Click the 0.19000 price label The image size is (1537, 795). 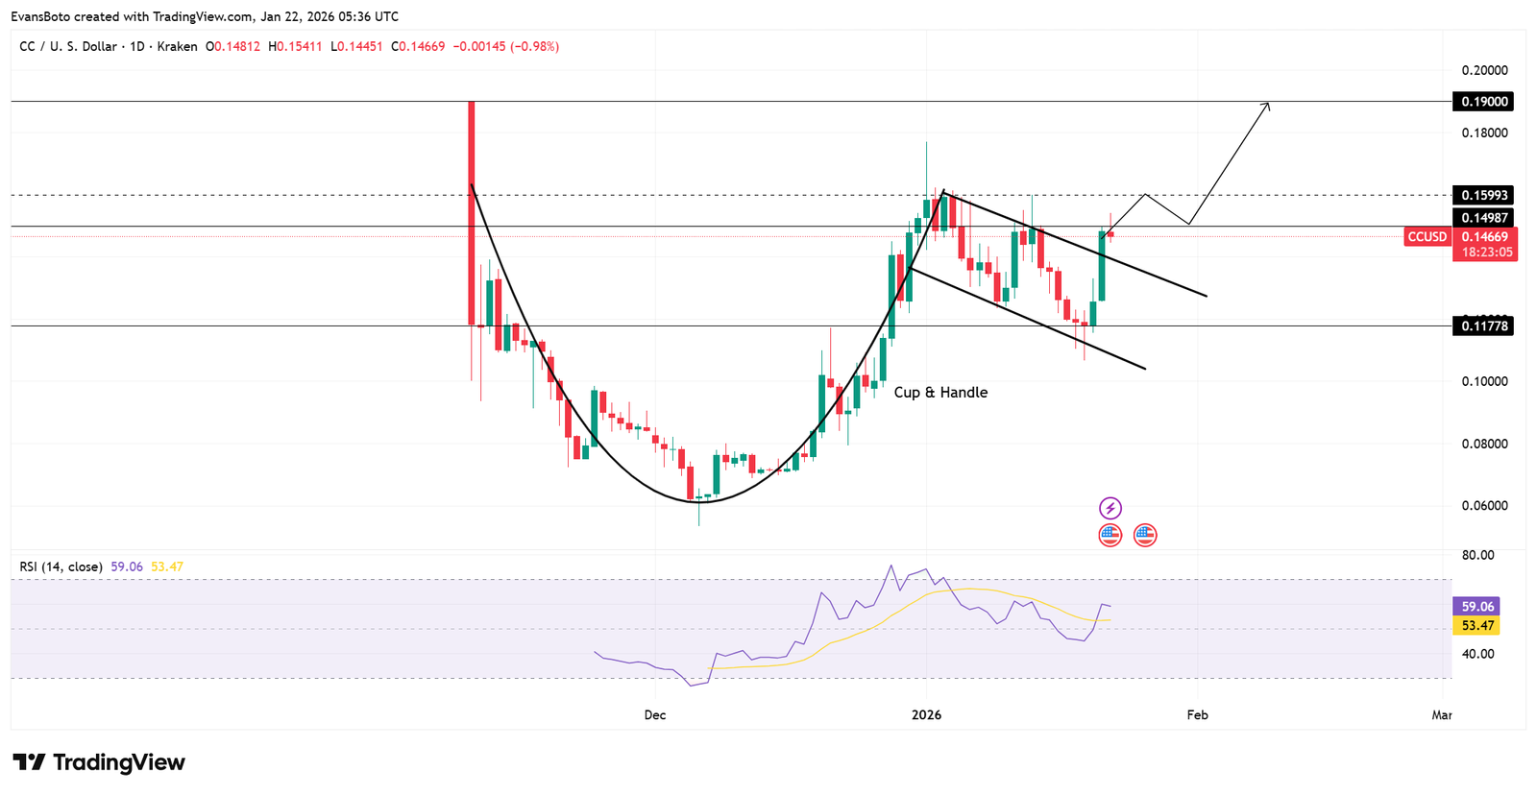[1485, 102]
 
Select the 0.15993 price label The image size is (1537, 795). [1485, 195]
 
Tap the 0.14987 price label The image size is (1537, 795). [1485, 218]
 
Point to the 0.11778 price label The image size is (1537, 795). [1485, 326]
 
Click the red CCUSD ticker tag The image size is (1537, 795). [1427, 237]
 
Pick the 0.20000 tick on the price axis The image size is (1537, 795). [1484, 70]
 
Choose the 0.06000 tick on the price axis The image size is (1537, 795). [1484, 506]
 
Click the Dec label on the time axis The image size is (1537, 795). [655, 715]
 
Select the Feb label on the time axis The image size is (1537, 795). [1197, 715]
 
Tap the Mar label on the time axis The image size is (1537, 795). [1442, 715]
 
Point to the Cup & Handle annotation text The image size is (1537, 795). [940, 393]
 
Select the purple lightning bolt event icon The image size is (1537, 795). [1110, 508]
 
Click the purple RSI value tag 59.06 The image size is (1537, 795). [1477, 607]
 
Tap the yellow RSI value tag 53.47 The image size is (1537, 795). [1477, 626]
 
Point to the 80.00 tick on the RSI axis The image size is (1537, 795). [1477, 555]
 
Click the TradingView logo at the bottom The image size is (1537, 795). [99, 762]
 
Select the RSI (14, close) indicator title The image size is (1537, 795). [61, 567]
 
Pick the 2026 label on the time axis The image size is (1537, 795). [926, 715]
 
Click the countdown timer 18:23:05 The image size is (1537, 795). [1487, 253]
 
